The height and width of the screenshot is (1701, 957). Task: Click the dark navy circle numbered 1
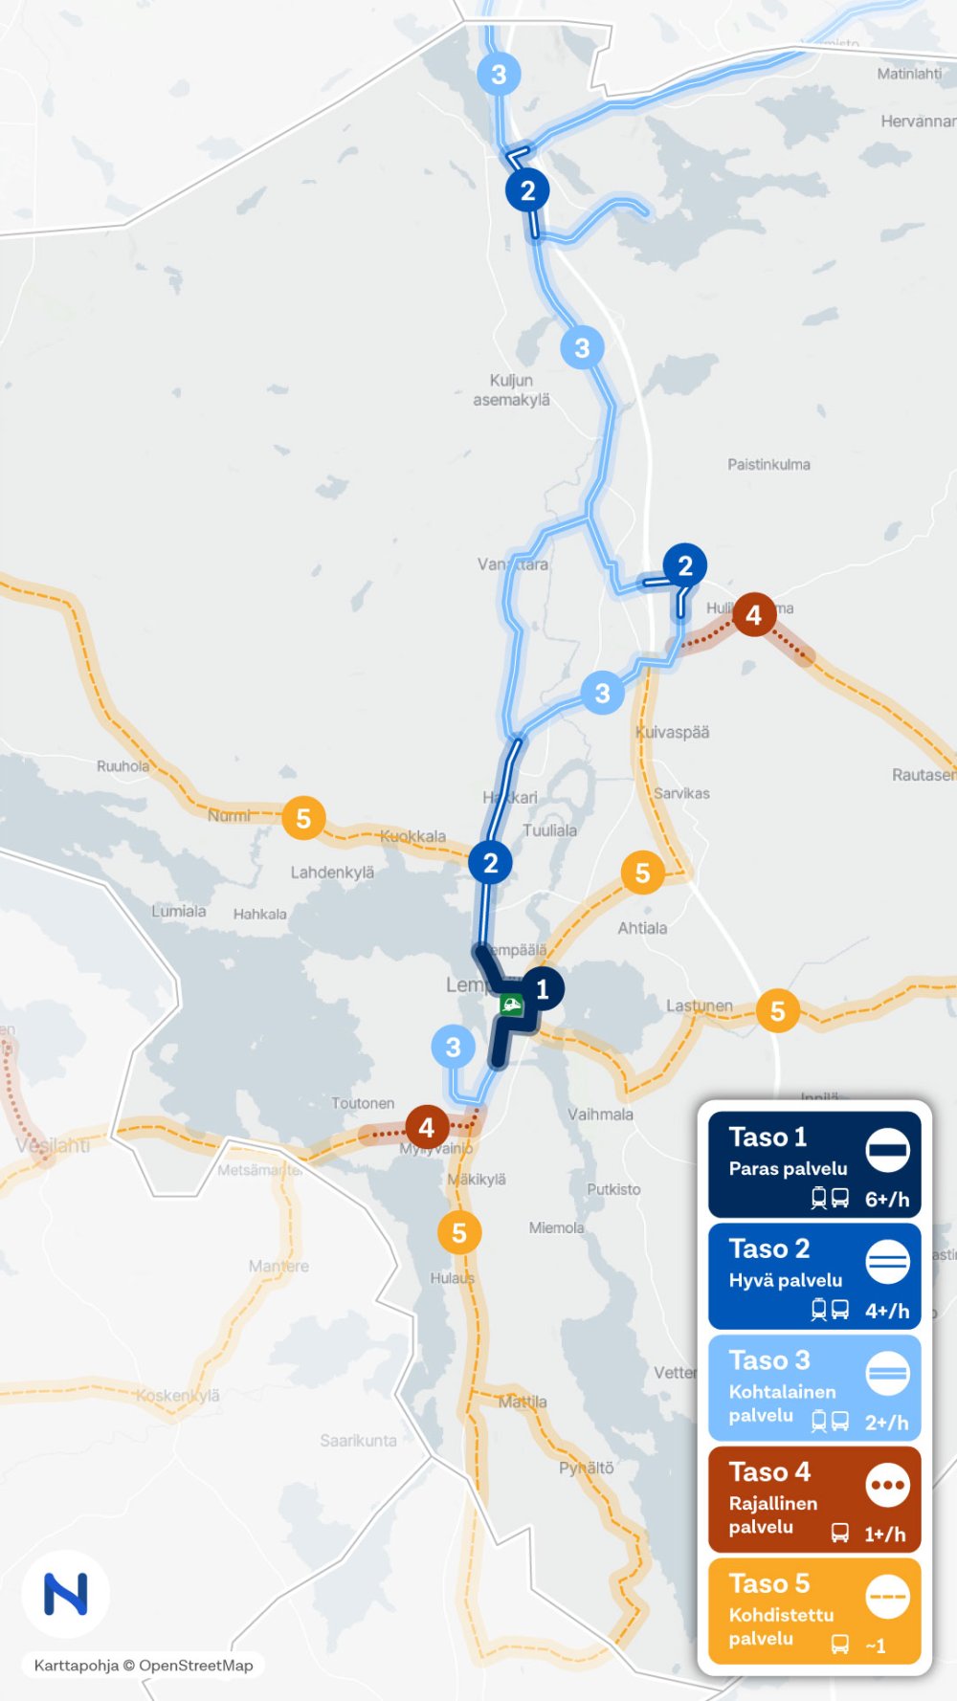point(543,989)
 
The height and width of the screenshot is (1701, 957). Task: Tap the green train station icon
point(512,1005)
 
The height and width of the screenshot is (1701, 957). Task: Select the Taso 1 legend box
point(814,1164)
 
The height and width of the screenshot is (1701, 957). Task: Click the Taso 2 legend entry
point(814,1276)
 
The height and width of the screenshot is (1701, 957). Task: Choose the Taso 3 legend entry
point(814,1388)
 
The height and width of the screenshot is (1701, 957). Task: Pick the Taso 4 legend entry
point(814,1499)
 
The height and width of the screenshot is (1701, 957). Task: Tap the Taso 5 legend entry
point(814,1611)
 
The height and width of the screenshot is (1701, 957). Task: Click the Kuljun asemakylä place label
point(511,390)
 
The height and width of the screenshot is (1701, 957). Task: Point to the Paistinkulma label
point(768,465)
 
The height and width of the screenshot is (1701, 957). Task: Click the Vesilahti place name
point(53,1145)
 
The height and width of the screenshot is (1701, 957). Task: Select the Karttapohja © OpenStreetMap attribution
point(144,1666)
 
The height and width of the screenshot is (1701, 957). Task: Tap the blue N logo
point(66,1594)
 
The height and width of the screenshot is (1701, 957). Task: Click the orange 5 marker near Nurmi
point(303,819)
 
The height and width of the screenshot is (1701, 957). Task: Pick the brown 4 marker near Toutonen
point(427,1128)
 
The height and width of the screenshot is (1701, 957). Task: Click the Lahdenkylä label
point(332,873)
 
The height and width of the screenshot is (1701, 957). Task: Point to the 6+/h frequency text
point(887,1200)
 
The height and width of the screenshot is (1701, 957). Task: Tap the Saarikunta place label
point(358,1441)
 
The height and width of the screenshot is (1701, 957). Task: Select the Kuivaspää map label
point(673,733)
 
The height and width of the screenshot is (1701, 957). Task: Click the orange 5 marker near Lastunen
point(777,1011)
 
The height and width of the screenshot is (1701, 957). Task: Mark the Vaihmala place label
point(600,1115)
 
